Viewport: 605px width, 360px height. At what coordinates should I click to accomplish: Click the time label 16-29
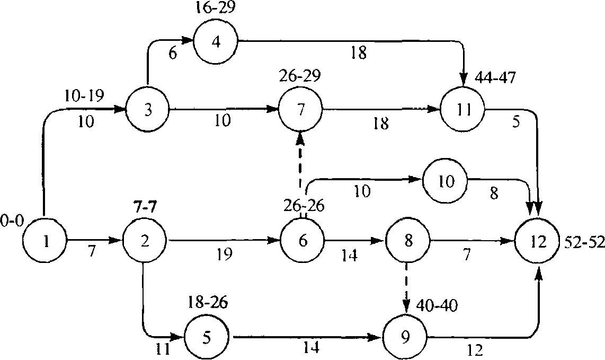point(215,7)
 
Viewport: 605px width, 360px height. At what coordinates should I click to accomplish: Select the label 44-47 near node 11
point(495,78)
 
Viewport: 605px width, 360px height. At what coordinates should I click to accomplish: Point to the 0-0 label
point(12,221)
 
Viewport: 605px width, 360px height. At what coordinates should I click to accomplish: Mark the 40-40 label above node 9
point(437,305)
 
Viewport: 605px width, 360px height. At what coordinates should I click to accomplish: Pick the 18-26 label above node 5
point(208,302)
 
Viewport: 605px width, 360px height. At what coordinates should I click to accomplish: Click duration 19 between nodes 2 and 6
point(225,254)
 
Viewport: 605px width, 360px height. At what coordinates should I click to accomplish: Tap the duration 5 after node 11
point(516,122)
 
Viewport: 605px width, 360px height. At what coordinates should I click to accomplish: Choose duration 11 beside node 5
point(163,349)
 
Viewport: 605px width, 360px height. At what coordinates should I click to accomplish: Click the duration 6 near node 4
point(173,54)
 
